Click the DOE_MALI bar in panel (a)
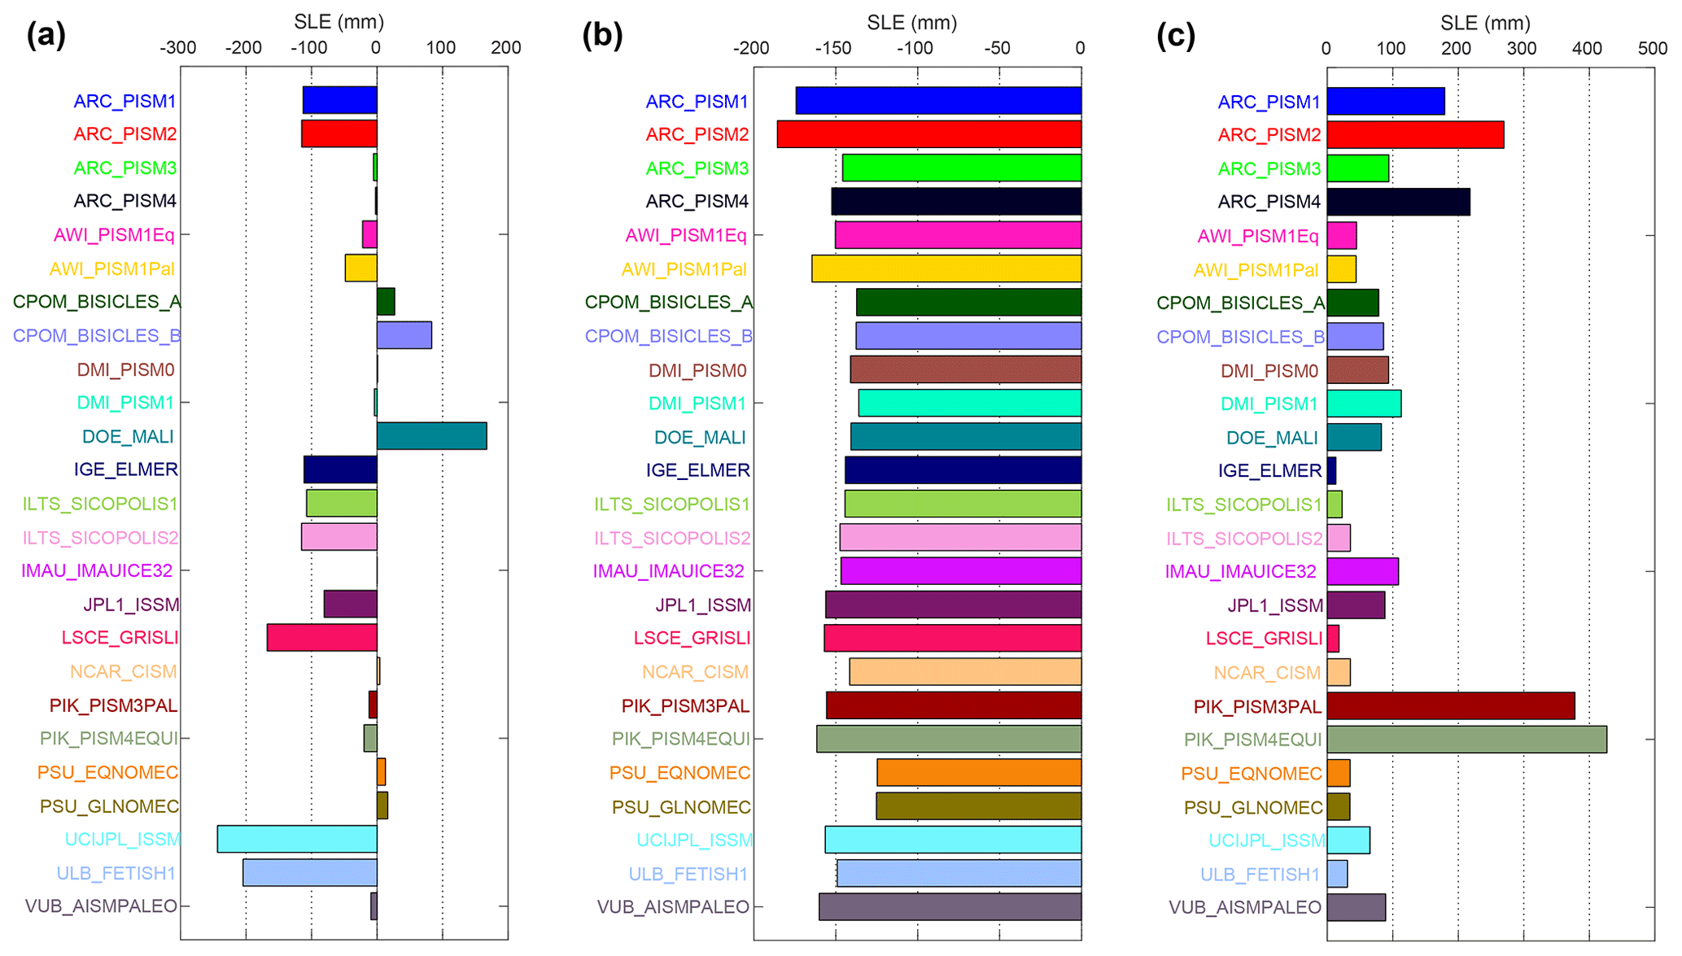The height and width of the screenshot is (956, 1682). (431, 436)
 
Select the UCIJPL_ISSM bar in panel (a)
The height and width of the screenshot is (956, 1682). (297, 839)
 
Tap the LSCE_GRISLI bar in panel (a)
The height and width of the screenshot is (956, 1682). (321, 637)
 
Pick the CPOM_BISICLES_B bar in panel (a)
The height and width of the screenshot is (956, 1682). (404, 335)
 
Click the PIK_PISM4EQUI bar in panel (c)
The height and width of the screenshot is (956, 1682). (1466, 739)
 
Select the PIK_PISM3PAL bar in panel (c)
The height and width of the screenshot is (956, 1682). (1450, 705)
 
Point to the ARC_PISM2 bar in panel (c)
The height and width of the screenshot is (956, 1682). (1415, 134)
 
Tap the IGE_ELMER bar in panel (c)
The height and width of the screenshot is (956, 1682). (1331, 470)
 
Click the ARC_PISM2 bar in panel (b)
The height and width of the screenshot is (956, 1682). (928, 134)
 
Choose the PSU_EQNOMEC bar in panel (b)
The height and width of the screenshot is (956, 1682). (979, 772)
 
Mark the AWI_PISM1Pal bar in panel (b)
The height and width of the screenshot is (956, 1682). (946, 268)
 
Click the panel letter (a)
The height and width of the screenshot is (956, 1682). (46, 35)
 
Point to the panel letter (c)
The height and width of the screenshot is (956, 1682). (1175, 35)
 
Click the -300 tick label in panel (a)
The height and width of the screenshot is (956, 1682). (177, 48)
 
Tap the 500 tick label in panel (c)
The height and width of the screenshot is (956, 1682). (1652, 48)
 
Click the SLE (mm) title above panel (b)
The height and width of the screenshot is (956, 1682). (911, 22)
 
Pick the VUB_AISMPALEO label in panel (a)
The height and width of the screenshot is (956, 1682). (101, 906)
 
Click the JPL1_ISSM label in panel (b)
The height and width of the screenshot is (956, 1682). (703, 605)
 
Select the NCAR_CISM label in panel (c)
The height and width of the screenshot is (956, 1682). (1267, 672)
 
